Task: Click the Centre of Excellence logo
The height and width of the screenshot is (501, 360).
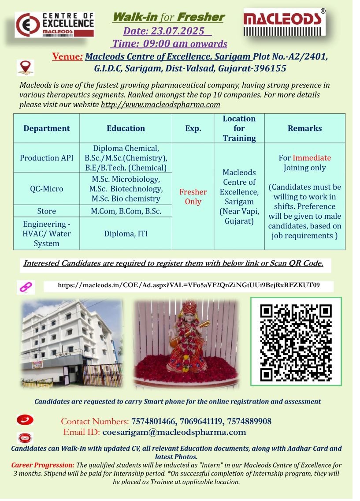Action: pos(55,24)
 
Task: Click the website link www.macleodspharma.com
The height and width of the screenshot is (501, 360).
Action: pos(160,105)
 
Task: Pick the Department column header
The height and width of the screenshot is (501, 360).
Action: pos(47,128)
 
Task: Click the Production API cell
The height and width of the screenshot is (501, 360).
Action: pos(47,157)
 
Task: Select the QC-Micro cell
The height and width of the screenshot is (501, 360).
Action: pos(47,189)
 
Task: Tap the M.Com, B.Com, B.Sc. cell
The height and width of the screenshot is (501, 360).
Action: pos(126,211)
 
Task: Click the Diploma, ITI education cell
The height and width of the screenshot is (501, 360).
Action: pos(126,234)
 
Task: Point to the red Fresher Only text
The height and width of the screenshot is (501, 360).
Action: pos(193,197)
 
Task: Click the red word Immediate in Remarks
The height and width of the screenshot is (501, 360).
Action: pos(312,158)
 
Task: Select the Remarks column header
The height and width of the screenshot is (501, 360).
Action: pos(304,128)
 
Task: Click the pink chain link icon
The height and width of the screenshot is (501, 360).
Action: pos(26,287)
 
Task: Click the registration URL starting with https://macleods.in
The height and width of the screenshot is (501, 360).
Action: pos(189,285)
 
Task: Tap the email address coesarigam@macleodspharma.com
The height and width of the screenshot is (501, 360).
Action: pos(174,432)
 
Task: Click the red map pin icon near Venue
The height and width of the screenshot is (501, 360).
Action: pos(25,67)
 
